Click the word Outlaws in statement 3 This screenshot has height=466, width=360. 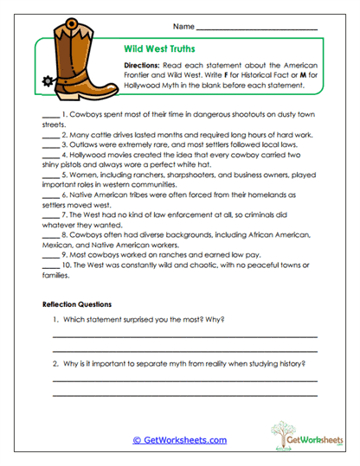tap(84, 145)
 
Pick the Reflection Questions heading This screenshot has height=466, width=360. tap(77, 304)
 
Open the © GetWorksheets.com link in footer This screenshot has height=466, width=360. tap(179, 439)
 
